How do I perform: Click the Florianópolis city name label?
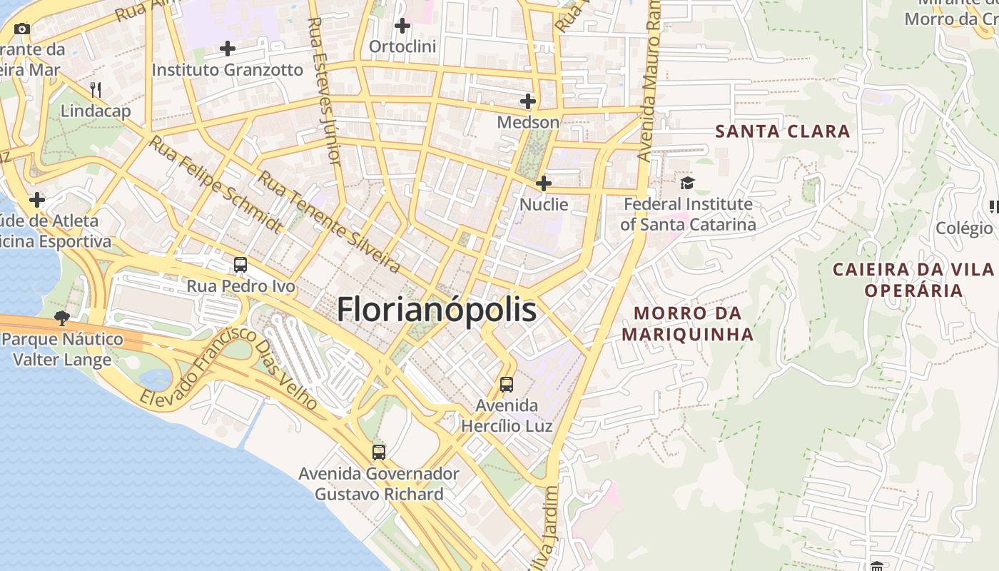pyautogui.click(x=436, y=310)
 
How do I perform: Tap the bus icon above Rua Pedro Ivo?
pyautogui.click(x=240, y=265)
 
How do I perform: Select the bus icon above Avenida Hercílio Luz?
pyautogui.click(x=507, y=385)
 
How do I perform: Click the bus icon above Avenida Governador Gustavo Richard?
pyautogui.click(x=379, y=452)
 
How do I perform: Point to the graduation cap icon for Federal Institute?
pyautogui.click(x=687, y=183)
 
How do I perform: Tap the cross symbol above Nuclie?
pyautogui.click(x=544, y=183)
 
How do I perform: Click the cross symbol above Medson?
pyautogui.click(x=528, y=101)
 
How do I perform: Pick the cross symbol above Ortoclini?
pyautogui.click(x=402, y=26)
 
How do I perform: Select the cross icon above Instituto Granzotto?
pyautogui.click(x=228, y=49)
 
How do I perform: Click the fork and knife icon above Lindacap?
pyautogui.click(x=96, y=89)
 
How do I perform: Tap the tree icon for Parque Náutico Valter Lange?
pyautogui.click(x=62, y=318)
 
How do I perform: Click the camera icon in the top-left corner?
pyautogui.click(x=22, y=29)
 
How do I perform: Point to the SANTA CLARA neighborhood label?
pyautogui.click(x=782, y=131)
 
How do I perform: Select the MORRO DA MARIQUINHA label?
pyautogui.click(x=687, y=323)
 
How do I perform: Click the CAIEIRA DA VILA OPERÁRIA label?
pyautogui.click(x=914, y=280)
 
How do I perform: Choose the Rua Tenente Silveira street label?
pyautogui.click(x=328, y=222)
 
